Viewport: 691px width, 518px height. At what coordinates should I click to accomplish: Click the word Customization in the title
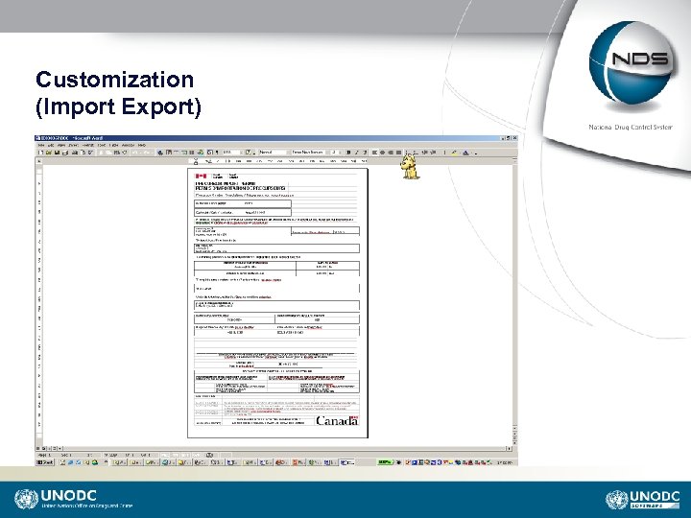(x=114, y=80)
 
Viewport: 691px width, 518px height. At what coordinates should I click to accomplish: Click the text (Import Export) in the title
(x=118, y=106)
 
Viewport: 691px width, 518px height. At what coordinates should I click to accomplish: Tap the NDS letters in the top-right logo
(x=644, y=59)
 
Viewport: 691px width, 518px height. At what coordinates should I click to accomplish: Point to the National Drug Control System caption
(x=635, y=128)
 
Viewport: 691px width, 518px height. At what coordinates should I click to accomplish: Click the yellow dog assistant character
(x=412, y=169)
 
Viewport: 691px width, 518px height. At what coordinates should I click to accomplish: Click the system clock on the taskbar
(x=505, y=461)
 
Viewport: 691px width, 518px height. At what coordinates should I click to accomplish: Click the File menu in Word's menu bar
(x=42, y=146)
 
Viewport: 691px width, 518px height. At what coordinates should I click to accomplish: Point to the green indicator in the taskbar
(x=384, y=461)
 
